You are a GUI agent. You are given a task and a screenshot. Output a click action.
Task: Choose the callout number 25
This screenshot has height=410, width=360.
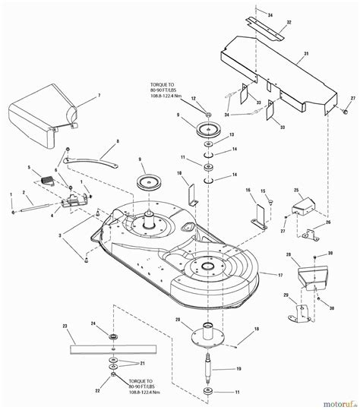pyautogui.click(x=296, y=189)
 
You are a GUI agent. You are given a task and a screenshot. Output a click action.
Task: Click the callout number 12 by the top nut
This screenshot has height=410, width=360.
pyautogui.click(x=193, y=99)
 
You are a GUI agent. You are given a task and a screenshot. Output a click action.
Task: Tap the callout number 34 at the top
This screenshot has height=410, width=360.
pyautogui.click(x=269, y=14)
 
